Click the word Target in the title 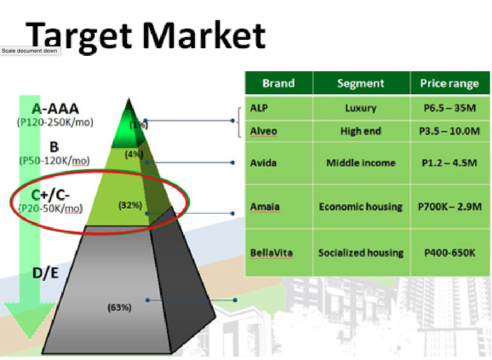tap(79, 37)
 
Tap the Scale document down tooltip tap(30, 51)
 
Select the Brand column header tap(279, 83)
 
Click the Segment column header tap(361, 83)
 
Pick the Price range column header tap(450, 83)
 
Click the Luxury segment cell tap(361, 108)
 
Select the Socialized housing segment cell tap(361, 253)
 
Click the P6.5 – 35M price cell tap(450, 108)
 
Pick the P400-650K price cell tap(450, 253)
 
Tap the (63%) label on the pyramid tap(119, 307)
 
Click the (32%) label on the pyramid tap(130, 205)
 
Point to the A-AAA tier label tap(55, 109)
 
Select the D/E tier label tap(45, 273)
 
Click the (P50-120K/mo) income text tap(55, 161)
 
